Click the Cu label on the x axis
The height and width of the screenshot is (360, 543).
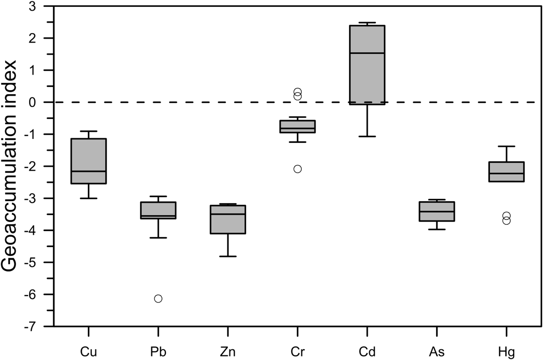(88, 352)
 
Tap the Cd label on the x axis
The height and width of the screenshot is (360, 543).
(367, 352)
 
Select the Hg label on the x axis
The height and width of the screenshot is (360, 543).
(507, 352)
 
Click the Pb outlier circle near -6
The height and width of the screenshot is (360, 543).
(158, 299)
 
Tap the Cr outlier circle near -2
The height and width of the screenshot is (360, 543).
(298, 169)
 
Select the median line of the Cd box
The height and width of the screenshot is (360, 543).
(367, 53)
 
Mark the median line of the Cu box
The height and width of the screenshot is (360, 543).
(88, 171)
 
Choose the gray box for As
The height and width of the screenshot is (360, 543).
(437, 216)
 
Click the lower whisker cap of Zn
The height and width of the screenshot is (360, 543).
(228, 256)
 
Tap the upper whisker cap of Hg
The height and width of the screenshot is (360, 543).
(507, 146)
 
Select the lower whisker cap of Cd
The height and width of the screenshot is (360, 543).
(367, 136)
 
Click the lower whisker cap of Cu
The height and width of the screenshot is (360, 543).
(88, 198)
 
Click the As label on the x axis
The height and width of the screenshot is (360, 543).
(437, 352)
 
